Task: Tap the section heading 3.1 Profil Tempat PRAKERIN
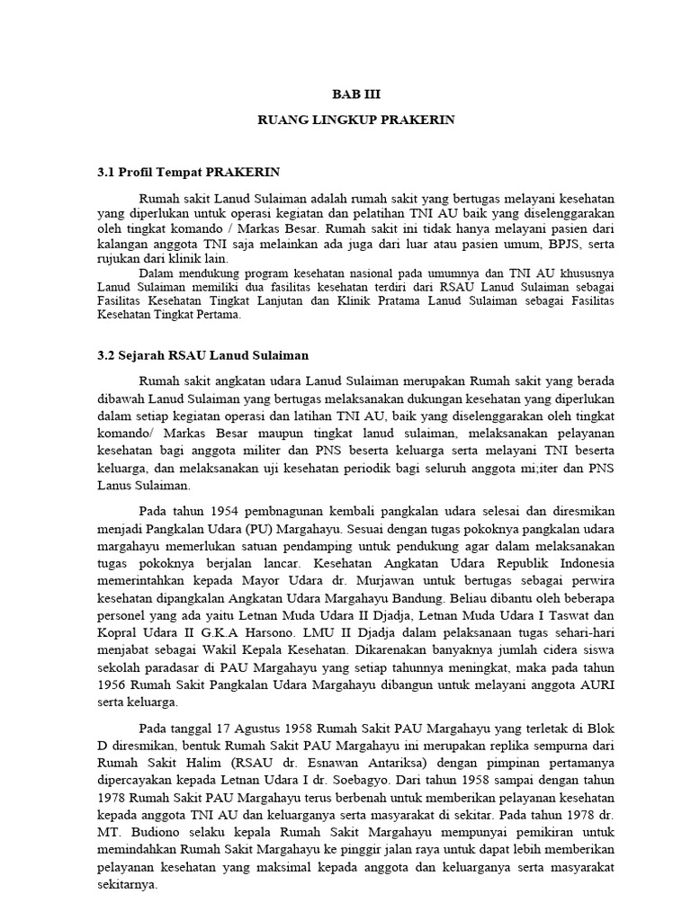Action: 188,172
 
